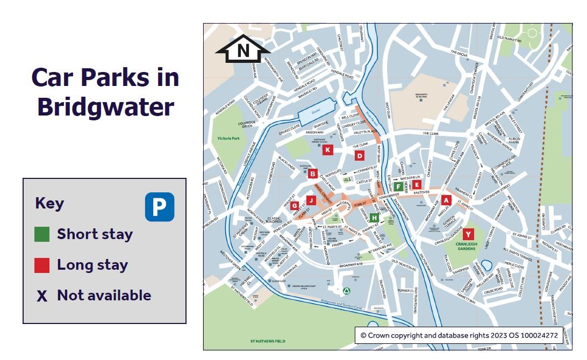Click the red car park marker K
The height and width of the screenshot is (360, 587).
coord(327,150)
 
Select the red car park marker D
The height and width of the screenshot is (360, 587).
coord(360,156)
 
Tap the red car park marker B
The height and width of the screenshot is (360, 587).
coord(313,174)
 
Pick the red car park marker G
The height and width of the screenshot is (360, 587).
coord(294,206)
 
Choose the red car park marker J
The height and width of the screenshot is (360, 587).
coord(310,200)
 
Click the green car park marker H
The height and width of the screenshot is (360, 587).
coord(374,217)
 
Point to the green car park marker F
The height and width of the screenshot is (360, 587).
coord(398,186)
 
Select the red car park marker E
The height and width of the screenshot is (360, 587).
coord(417,185)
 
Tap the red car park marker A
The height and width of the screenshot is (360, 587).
coord(446,200)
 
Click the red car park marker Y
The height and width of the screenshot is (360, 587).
coord(468,234)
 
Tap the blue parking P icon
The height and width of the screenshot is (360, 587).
coord(160,207)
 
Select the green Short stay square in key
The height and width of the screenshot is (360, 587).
coord(42,234)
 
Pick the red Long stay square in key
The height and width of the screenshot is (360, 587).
coord(42,265)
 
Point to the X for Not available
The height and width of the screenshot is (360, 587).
coord(42,296)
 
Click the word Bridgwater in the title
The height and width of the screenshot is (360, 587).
coord(105,107)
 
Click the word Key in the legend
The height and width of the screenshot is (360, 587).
coord(49,204)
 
